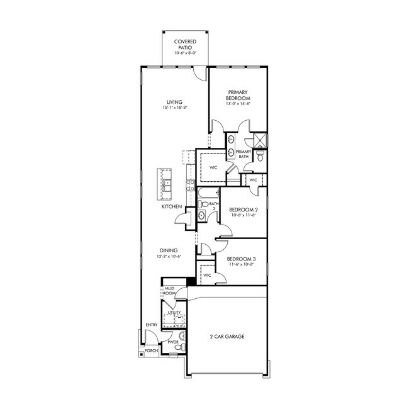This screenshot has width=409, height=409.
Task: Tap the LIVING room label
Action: coord(174,102)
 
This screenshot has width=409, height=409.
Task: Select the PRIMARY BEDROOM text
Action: coord(238,96)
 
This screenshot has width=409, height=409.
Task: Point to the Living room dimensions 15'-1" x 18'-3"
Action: coord(175,108)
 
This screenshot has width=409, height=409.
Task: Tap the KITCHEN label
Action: coord(172,206)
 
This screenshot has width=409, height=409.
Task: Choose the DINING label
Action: coord(168,250)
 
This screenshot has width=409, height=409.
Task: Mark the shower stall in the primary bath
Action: coord(259,140)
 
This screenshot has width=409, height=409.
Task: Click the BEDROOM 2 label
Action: coord(243,210)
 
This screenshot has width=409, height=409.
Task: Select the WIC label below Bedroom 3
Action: coord(207,276)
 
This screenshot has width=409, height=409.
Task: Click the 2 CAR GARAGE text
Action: coord(227,337)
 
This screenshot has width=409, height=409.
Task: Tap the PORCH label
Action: coord(151,351)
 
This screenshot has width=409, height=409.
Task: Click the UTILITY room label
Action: coord(174,312)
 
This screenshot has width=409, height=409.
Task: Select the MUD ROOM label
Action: coord(169,291)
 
